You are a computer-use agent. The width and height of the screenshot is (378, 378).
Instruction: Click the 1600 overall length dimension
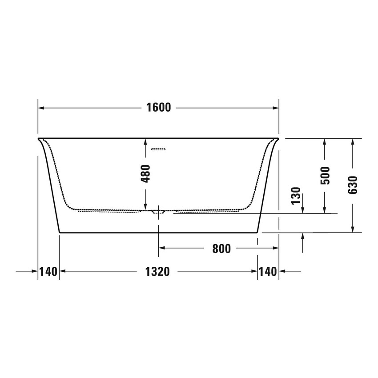[x=159, y=108]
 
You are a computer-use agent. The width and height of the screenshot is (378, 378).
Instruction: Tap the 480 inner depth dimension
[x=145, y=173]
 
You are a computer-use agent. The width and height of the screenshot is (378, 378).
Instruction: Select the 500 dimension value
[x=325, y=175]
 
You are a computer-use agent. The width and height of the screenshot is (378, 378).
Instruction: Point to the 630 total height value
[x=353, y=185]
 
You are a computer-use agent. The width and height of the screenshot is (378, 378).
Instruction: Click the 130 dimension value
[x=296, y=196]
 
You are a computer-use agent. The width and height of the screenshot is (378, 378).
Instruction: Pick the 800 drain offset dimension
[x=221, y=249]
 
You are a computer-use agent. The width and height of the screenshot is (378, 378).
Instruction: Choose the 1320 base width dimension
[x=157, y=272]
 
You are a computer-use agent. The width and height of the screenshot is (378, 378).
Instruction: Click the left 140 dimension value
[x=48, y=272]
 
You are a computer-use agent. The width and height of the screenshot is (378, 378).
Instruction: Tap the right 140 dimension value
[x=268, y=272]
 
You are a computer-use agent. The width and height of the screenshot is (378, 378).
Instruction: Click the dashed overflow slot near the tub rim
[x=158, y=149]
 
